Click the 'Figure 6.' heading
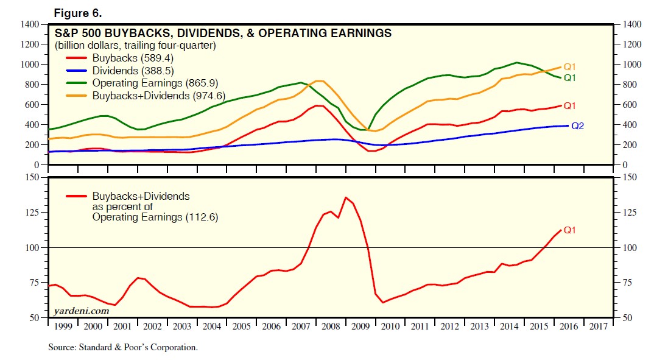[77, 13]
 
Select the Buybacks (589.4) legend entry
[120, 58]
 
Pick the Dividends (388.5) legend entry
[120, 71]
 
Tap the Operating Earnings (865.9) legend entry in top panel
[142, 83]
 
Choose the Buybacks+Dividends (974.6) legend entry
[146, 96]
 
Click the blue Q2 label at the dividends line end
[577, 125]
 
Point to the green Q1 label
[570, 78]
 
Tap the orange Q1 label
[570, 67]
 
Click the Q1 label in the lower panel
[570, 230]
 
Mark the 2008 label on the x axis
[331, 326]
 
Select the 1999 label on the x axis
[63, 326]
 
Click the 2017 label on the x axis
[599, 326]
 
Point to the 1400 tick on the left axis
[29, 24]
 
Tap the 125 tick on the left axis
[32, 213]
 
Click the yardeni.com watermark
[82, 311]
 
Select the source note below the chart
[123, 347]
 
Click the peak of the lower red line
[346, 197]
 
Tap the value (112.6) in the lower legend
[202, 217]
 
